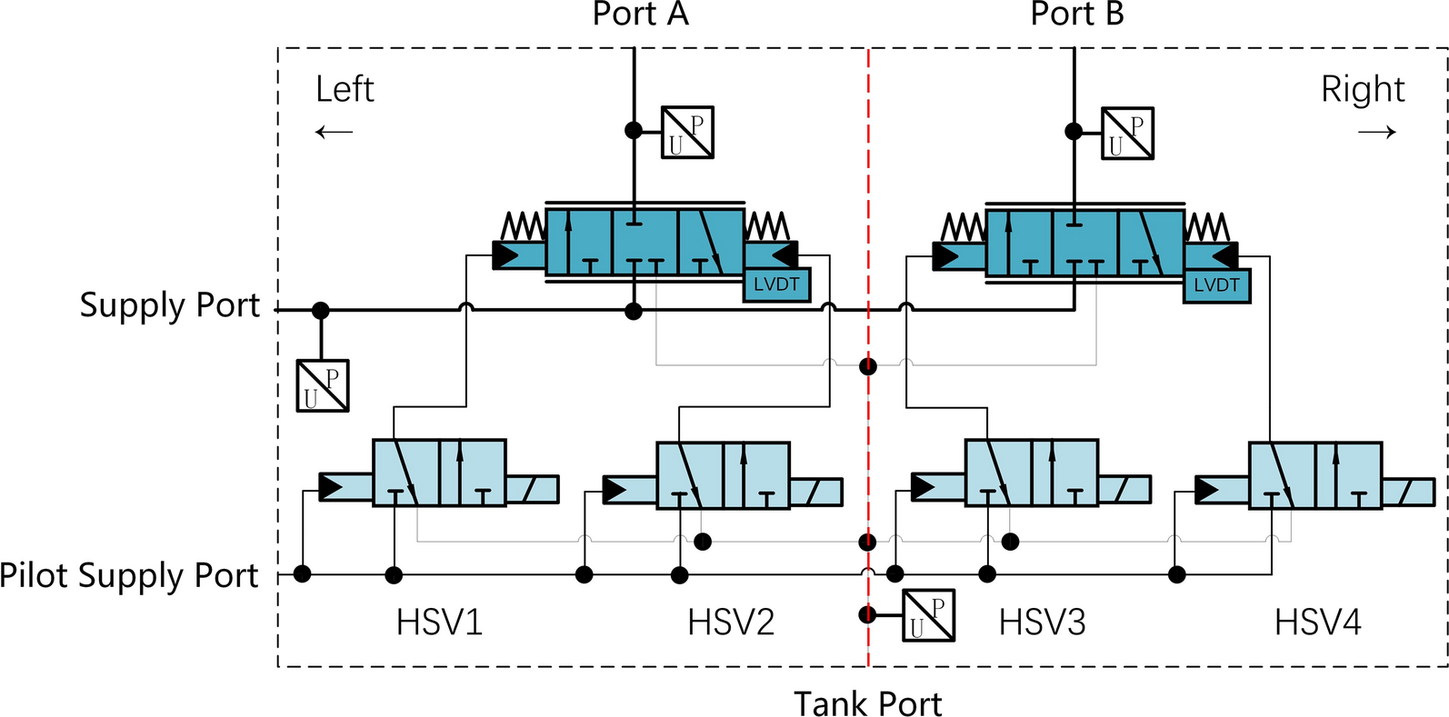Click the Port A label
640,14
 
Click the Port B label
1076,14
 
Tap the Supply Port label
169,305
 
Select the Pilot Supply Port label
129,575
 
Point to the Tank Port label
867,703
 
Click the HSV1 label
439,622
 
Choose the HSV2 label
731,622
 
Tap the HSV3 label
1042,622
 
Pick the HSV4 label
1317,622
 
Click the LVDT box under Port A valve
776,284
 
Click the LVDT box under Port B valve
1216,285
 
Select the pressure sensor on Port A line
687,132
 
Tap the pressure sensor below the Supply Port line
323,386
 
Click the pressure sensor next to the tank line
928,615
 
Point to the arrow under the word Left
334,133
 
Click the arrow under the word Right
1376,133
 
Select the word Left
345,89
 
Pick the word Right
1362,89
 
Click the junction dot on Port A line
634,130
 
